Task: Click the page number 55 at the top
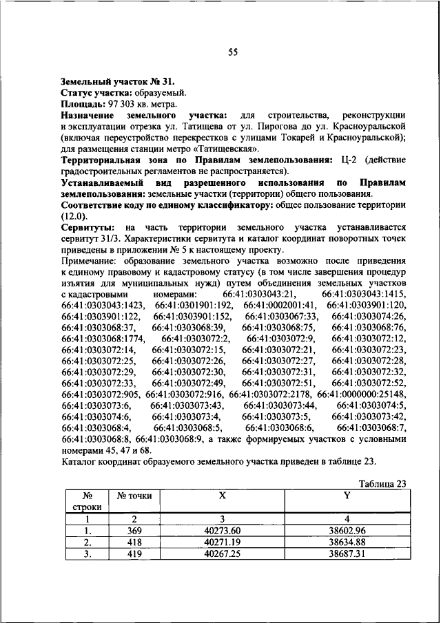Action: pyautogui.click(x=233, y=52)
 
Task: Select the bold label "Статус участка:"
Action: pyautogui.click(x=95, y=92)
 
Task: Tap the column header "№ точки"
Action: pyautogui.click(x=134, y=496)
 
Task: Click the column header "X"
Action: pyautogui.click(x=222, y=496)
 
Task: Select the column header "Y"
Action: pyautogui.click(x=346, y=496)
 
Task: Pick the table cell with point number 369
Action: pyautogui.click(x=135, y=530)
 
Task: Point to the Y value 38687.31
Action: pyautogui.click(x=347, y=553)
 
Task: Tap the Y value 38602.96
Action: pyautogui.click(x=347, y=530)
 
